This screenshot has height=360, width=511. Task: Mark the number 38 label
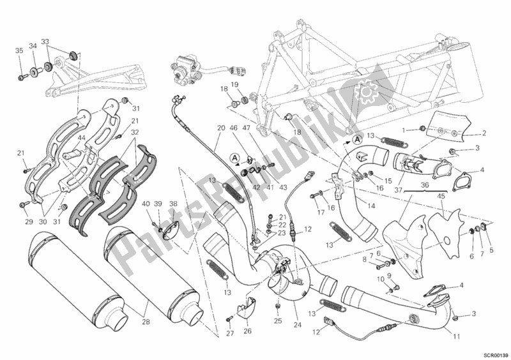pos(172,204)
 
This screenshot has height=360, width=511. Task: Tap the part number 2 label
pos(484,133)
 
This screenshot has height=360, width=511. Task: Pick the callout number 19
pos(234,85)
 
